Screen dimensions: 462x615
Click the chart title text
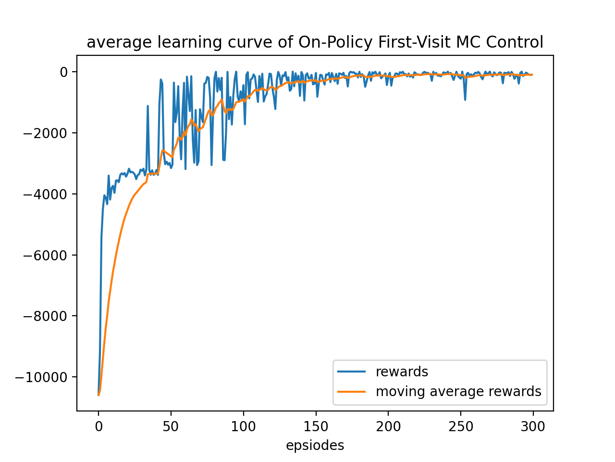pos(315,42)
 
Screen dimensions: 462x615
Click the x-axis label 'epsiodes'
pos(315,446)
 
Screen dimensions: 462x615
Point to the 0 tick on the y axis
pos(64,72)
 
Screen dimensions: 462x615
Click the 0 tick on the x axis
pos(98,426)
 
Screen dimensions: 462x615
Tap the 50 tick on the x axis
pos(171,426)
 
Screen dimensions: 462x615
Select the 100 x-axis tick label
pos(243,426)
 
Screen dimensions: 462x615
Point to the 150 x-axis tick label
pos(316,426)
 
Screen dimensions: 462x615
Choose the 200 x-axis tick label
pos(388,426)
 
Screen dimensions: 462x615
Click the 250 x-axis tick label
pos(461,426)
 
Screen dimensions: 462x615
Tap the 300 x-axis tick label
pos(533,426)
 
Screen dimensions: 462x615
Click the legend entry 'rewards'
pos(402,372)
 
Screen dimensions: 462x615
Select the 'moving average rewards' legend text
pos(458,392)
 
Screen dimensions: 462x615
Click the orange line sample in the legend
pos(352,392)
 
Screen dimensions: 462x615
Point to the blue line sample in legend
pos(352,372)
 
